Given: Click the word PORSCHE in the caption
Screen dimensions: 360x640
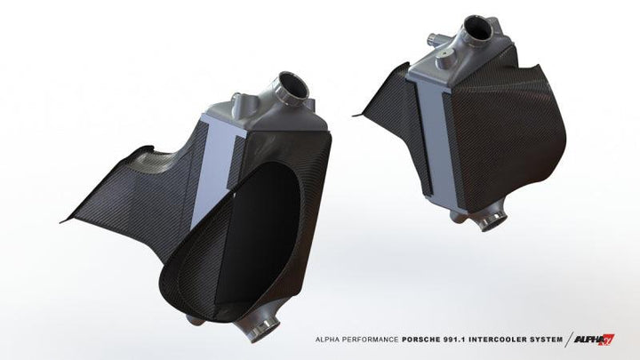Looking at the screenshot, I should point(404,339).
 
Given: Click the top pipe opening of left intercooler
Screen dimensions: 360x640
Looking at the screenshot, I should point(293,89).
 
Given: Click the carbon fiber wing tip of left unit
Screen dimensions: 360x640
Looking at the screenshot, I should point(67,220).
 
